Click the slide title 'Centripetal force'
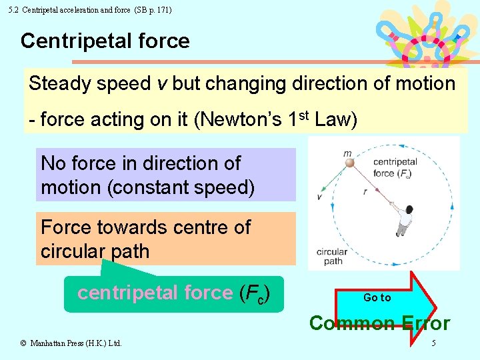click(105, 41)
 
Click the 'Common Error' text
click(379, 324)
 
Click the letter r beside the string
click(365, 191)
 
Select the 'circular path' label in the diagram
click(332, 257)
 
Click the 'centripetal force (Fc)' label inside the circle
click(395, 167)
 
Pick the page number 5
click(433, 343)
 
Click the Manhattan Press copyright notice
click(71, 343)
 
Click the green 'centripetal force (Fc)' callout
click(173, 293)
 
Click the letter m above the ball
click(347, 153)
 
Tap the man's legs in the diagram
click(401, 229)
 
